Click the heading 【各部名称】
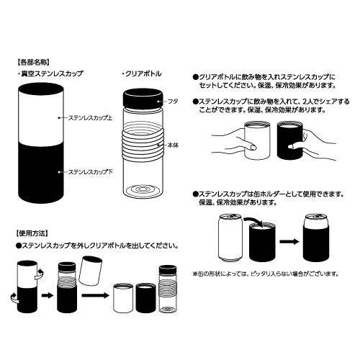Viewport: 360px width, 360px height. click(x=33, y=63)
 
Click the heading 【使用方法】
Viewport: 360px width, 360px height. click(x=32, y=233)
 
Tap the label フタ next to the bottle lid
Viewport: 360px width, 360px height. click(x=173, y=102)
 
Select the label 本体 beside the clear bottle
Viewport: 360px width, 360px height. click(x=173, y=145)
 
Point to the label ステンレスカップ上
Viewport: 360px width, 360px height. click(x=90, y=118)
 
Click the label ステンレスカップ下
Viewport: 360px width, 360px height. click(x=90, y=172)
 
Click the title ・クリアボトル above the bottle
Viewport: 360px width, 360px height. click(x=142, y=73)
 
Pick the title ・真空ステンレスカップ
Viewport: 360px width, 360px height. click(x=50, y=73)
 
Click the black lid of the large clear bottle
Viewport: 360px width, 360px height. click(x=143, y=98)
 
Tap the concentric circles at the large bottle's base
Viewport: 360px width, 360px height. click(x=143, y=190)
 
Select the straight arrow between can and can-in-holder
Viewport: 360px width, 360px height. click(x=289, y=241)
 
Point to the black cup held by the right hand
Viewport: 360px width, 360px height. click(x=290, y=140)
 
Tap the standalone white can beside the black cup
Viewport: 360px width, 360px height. click(x=230, y=238)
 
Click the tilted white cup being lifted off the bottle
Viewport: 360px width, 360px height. click(x=90, y=271)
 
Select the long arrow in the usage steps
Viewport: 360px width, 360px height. click(x=95, y=295)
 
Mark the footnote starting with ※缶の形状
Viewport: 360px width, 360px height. click(x=266, y=274)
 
